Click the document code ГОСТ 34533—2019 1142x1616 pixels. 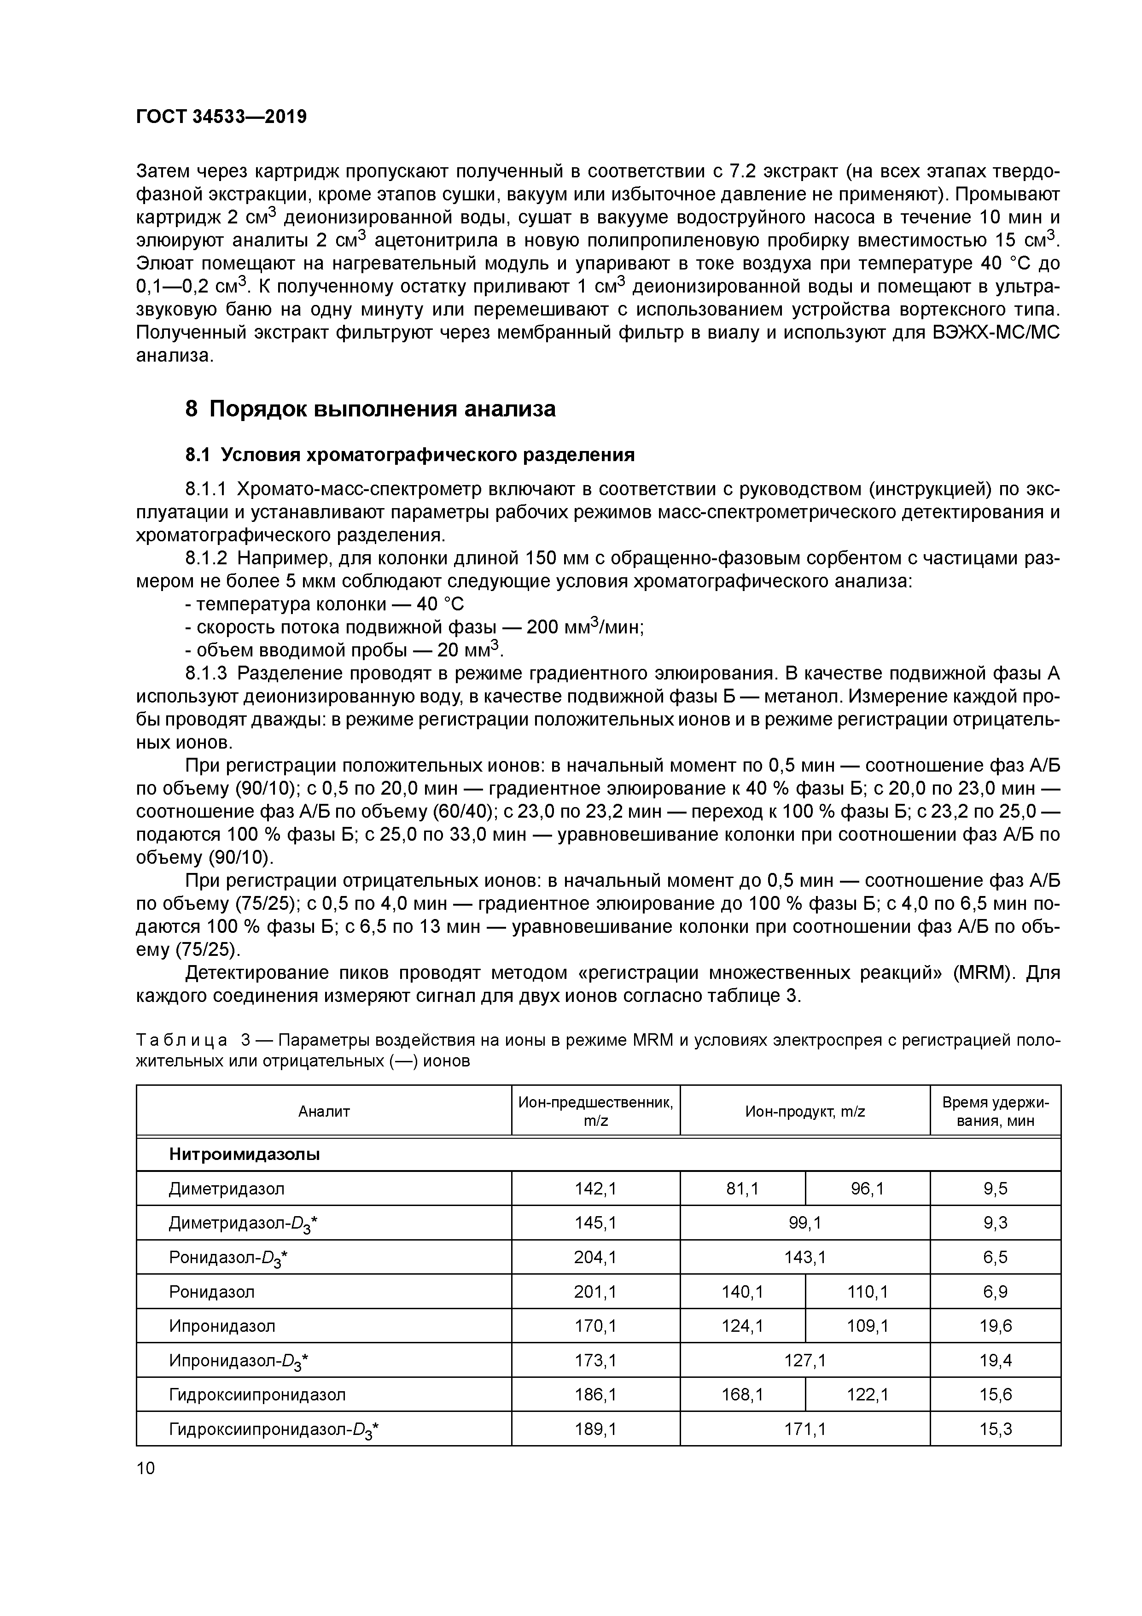(221, 117)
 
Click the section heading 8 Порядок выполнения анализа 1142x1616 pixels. (370, 409)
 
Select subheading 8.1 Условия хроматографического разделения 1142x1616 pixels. (409, 456)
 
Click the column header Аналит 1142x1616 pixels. (324, 1112)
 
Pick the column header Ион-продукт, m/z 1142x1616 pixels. (804, 1112)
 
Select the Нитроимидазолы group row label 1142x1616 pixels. (244, 1155)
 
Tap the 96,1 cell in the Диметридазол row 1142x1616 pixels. (867, 1189)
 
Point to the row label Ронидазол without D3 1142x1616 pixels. (212, 1292)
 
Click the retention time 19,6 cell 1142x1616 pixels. (995, 1327)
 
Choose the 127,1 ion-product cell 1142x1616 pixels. (804, 1361)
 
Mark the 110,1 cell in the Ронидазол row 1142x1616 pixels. (867, 1292)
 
